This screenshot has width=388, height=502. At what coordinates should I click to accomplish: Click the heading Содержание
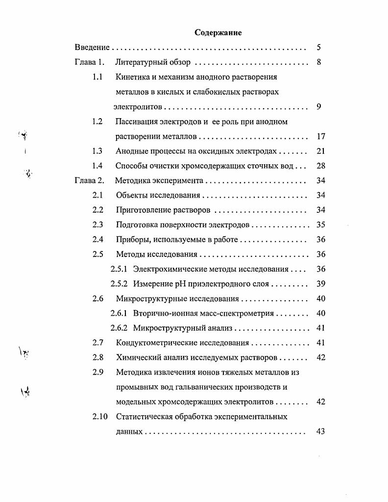pyautogui.click(x=218, y=33)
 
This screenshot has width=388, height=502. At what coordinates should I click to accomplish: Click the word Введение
pyautogui.click(x=92, y=48)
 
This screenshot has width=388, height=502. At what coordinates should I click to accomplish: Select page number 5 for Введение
pyautogui.click(x=318, y=48)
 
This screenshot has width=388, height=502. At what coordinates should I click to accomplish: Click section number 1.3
pyautogui.click(x=97, y=151)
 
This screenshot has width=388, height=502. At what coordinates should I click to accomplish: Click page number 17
pyautogui.click(x=321, y=137)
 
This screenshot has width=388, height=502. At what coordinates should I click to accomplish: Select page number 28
pyautogui.click(x=321, y=166)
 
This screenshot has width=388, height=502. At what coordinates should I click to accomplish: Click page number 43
pyautogui.click(x=321, y=432)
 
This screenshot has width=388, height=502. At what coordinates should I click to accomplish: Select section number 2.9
pyautogui.click(x=97, y=372)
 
